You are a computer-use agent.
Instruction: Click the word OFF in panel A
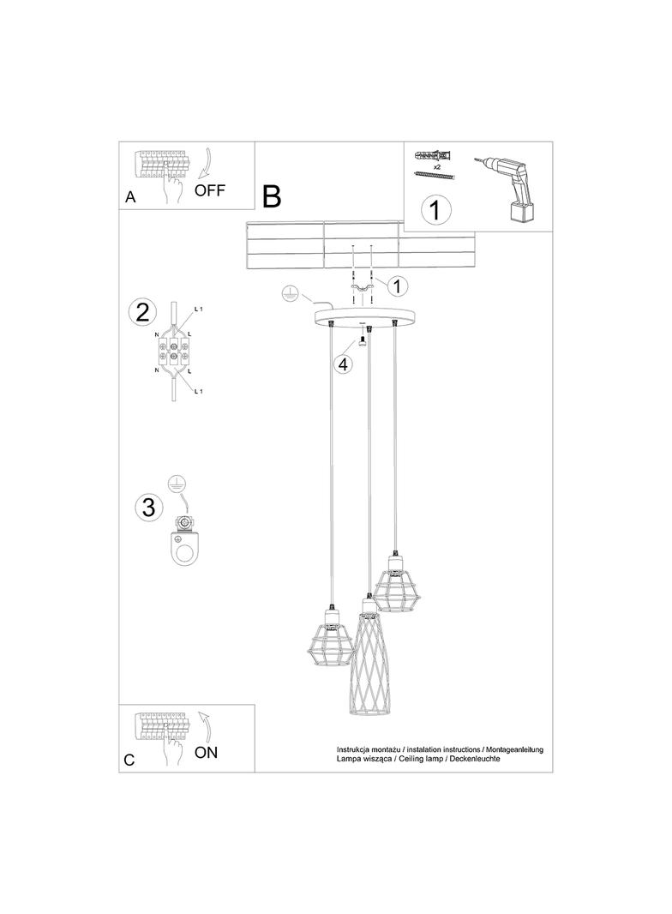tap(209, 190)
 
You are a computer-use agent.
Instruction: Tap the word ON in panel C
tap(206, 753)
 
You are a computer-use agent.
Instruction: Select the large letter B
tap(272, 196)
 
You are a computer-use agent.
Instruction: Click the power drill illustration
tap(506, 188)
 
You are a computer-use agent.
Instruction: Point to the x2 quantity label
tap(436, 166)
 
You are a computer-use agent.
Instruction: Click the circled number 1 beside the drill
tap(435, 210)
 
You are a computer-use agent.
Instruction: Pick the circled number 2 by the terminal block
tap(143, 312)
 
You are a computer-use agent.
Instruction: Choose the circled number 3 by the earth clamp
tap(149, 506)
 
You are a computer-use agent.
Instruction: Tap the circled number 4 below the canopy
tap(343, 364)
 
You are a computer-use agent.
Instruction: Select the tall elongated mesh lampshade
tap(369, 657)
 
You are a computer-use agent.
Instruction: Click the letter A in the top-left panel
tap(130, 197)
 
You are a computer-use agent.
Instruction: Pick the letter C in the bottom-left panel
tap(129, 761)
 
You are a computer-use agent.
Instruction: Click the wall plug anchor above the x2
tap(435, 156)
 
